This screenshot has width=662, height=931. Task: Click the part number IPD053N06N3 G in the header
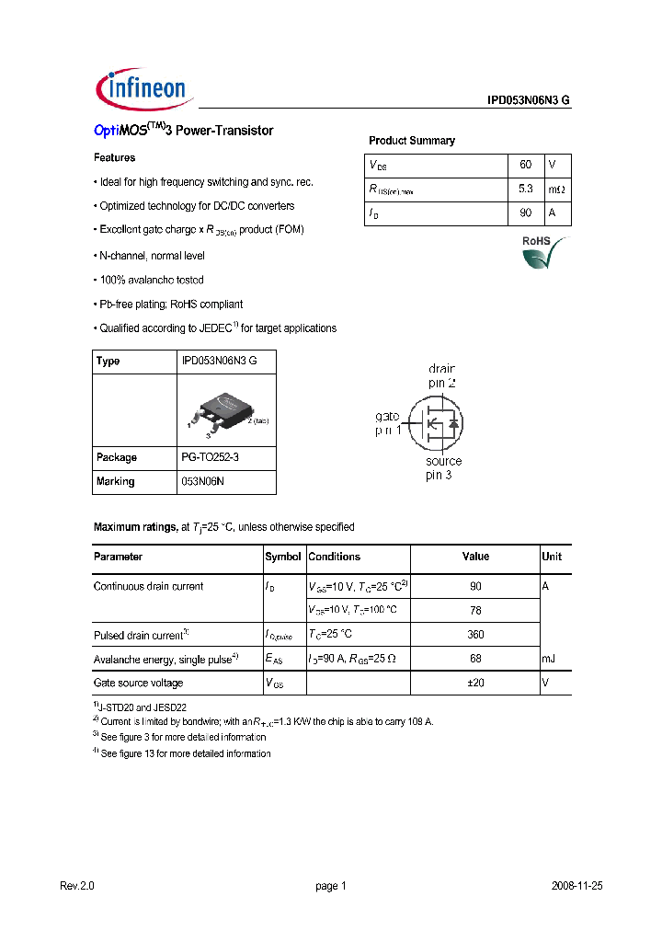coord(529,102)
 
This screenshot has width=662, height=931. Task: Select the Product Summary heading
coord(411,141)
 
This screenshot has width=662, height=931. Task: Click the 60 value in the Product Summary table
coord(525,165)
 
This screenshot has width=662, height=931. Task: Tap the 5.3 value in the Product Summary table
coord(525,190)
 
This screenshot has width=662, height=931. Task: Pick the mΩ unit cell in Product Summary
coord(557,190)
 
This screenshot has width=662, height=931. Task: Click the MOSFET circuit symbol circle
coord(435,423)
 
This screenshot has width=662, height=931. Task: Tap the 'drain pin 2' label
coord(443,375)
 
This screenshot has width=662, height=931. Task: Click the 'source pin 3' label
coord(442,468)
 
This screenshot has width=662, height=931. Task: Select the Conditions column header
coord(334,557)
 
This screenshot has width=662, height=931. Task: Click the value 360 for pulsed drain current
coord(475,635)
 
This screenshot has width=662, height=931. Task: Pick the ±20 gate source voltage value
coord(475,683)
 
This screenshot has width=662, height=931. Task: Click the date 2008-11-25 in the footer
coord(576,886)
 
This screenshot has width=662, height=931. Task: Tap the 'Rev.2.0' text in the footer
coord(77,886)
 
